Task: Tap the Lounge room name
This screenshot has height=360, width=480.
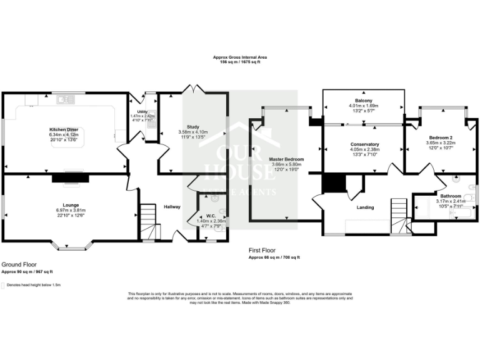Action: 70,205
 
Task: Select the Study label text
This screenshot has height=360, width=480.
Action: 192,127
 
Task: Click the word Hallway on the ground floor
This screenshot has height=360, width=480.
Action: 172,207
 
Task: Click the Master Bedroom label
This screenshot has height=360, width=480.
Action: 284,159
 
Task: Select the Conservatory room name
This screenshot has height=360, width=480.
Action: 364,145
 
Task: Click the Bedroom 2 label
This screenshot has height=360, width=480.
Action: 441,137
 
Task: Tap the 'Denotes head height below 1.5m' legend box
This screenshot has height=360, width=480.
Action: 3,285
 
